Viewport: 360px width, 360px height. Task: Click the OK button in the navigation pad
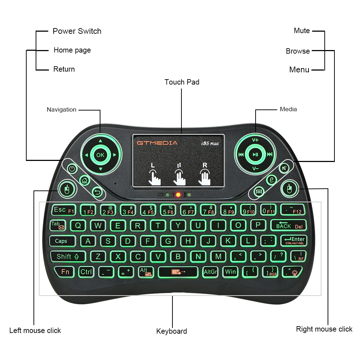point(100,155)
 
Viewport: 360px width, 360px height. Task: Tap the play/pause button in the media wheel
point(255,155)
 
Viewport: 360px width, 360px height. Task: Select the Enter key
point(294,240)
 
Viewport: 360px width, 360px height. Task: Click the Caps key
point(62,241)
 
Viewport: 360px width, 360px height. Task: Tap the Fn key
point(65,271)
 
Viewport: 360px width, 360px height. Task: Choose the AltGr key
point(210,272)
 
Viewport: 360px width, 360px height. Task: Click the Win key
point(230,271)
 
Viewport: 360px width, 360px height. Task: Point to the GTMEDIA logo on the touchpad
point(157,143)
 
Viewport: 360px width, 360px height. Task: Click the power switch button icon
point(72,168)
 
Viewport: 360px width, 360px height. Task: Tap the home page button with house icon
point(85,180)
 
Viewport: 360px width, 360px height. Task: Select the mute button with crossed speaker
point(285,167)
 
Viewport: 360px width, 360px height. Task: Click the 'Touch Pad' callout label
point(182,82)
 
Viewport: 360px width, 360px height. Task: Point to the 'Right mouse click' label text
point(324,329)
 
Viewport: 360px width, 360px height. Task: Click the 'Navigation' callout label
point(62,109)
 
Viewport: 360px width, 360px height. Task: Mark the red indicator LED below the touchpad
point(178,195)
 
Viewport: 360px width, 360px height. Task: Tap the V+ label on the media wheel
point(255,140)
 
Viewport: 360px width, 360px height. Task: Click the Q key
point(78,226)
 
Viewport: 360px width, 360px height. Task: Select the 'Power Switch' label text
point(77,31)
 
